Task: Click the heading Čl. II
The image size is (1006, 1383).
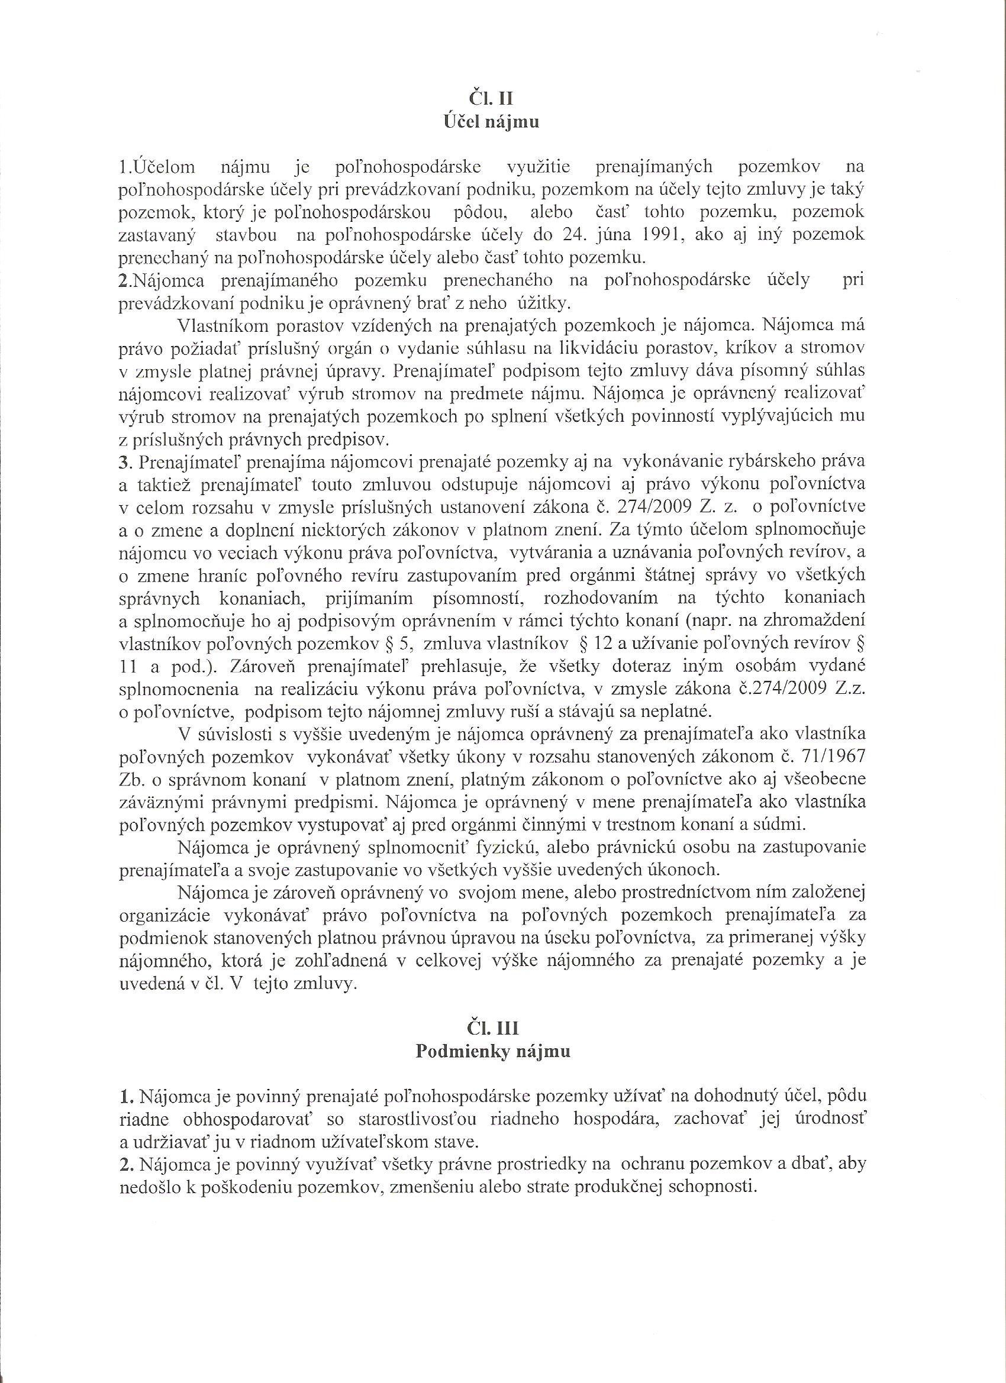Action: point(491,98)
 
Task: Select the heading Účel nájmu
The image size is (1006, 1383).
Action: point(491,122)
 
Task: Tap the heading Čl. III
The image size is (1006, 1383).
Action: point(492,1028)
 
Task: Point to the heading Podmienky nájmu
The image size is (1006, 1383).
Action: point(492,1052)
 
